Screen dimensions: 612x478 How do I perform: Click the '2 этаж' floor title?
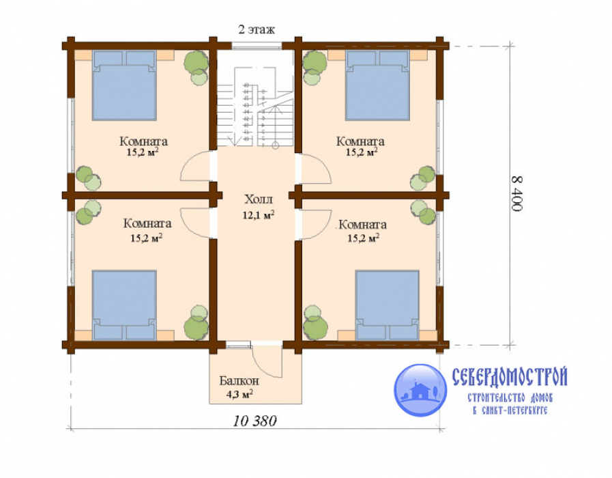pos(257,29)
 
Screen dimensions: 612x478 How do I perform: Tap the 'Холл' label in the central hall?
pos(259,199)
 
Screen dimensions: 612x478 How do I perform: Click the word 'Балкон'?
pos(239,380)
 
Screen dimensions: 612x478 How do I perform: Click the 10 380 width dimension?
pos(255,421)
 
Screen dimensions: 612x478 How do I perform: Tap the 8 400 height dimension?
pos(516,194)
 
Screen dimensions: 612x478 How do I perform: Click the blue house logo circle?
pos(420,390)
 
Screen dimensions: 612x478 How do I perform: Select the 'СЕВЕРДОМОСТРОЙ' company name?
pos(510,377)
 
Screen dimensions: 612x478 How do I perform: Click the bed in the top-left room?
pos(124,85)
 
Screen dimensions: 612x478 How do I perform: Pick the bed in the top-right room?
pos(377,85)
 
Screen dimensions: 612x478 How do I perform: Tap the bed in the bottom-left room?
pos(124,305)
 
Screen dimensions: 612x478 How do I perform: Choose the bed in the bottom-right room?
pos(387,305)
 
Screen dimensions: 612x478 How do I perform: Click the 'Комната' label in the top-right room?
pos(360,141)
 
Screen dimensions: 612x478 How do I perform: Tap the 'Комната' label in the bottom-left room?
pos(147,223)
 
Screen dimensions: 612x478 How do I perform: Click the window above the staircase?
pos(257,46)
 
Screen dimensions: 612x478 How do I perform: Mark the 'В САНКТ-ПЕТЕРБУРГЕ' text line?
pos(510,410)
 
